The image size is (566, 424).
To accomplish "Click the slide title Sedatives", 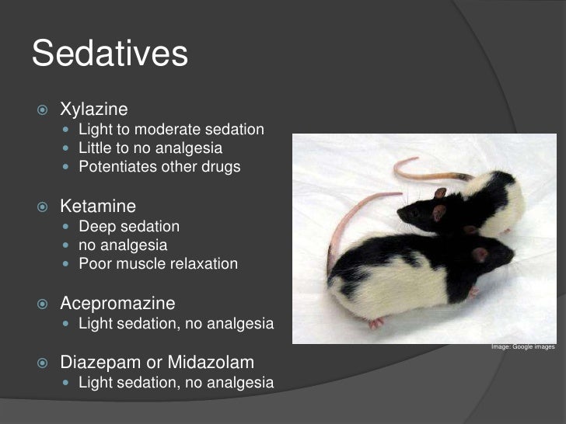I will (x=110, y=54).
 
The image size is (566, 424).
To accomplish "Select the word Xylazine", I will (x=94, y=110).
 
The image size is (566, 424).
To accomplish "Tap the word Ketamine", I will (x=98, y=207).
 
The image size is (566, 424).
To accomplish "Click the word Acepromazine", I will (x=117, y=303).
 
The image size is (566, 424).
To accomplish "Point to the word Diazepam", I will (x=95, y=363).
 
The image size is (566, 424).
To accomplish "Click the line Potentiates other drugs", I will (x=159, y=167).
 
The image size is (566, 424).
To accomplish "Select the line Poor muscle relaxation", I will (x=158, y=264).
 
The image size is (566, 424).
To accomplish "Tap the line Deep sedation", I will (x=129, y=227).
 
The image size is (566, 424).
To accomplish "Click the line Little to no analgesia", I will (x=150, y=148).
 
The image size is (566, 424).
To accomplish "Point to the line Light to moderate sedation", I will (x=171, y=129).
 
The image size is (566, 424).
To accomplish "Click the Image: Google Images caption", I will (x=523, y=346).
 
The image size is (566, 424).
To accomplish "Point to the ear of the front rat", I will (x=480, y=254).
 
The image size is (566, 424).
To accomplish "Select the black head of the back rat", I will (x=424, y=211).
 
